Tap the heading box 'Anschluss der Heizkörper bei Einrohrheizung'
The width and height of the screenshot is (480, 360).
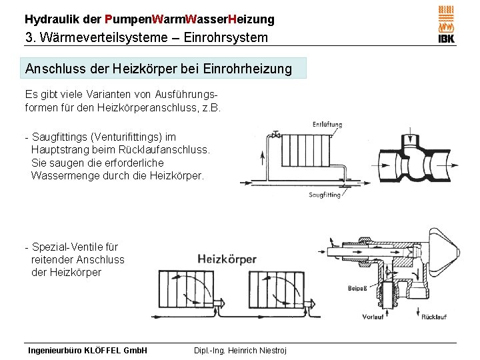[x=159, y=69]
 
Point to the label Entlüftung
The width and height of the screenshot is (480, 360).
[x=327, y=125]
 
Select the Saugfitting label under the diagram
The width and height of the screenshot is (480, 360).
[x=325, y=195]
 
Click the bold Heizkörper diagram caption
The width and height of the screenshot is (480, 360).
[x=227, y=259]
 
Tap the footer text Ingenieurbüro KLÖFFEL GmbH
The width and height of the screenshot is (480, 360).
[x=86, y=350]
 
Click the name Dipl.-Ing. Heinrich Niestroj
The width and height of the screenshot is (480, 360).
[x=240, y=350]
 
